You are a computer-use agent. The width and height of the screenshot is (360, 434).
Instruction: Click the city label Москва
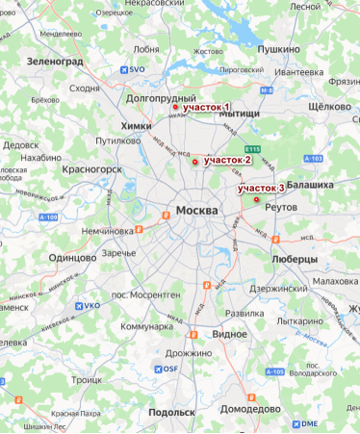click(201, 210)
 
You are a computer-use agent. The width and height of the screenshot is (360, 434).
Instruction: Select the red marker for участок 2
click(195, 162)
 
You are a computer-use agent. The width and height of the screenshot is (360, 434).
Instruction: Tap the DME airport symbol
click(296, 423)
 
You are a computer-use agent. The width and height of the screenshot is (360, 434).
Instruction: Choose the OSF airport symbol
click(159, 369)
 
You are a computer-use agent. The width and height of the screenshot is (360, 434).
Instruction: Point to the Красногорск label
click(91, 168)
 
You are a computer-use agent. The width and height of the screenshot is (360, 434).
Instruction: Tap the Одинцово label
click(74, 257)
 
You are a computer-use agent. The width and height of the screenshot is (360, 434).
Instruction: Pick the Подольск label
click(171, 412)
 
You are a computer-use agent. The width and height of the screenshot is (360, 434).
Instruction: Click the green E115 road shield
click(252, 148)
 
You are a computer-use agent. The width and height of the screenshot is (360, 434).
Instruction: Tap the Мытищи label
click(240, 114)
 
